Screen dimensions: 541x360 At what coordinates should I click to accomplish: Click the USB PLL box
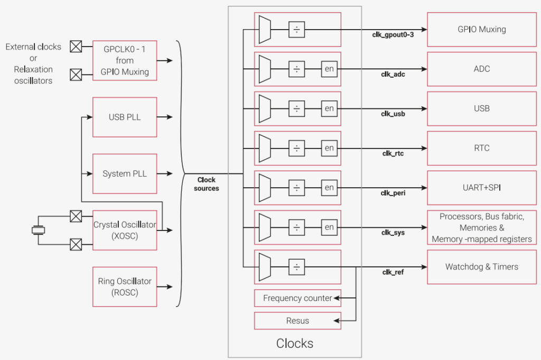click(x=125, y=117)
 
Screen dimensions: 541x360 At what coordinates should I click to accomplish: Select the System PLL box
click(x=125, y=173)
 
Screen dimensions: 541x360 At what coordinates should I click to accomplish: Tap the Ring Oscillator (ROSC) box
click(x=125, y=287)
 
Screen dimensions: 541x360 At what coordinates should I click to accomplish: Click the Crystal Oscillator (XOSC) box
click(x=125, y=230)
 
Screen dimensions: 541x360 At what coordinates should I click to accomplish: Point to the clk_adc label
click(x=393, y=75)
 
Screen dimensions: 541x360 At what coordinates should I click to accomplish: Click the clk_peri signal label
click(x=393, y=193)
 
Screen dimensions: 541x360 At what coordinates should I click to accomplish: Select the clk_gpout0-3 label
click(x=393, y=35)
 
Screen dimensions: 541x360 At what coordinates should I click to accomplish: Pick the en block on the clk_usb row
click(x=329, y=109)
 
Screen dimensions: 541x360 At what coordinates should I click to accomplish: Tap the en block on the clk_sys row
click(x=329, y=227)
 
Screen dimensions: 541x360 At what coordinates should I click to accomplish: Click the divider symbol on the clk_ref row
click(x=297, y=267)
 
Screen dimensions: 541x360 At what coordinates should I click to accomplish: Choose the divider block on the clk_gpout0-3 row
click(x=297, y=30)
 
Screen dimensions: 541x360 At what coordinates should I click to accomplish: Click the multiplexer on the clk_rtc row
click(x=265, y=149)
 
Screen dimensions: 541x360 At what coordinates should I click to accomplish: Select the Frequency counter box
click(x=297, y=298)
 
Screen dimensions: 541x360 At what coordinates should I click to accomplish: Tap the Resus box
click(x=297, y=321)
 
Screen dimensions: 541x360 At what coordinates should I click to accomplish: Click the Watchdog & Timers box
click(x=482, y=267)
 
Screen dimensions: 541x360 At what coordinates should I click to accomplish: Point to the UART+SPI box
click(x=482, y=188)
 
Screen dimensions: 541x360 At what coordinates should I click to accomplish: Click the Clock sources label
click(x=207, y=184)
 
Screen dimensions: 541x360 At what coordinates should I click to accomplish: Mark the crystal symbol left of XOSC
click(x=38, y=230)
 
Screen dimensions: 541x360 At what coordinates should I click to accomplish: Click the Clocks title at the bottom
click(x=295, y=344)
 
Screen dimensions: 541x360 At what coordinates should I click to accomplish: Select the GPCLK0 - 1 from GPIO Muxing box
click(x=125, y=61)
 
